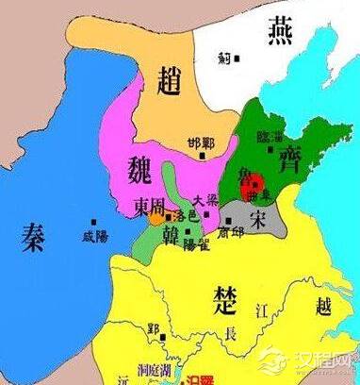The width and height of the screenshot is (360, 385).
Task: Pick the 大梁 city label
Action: (x=205, y=200)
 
